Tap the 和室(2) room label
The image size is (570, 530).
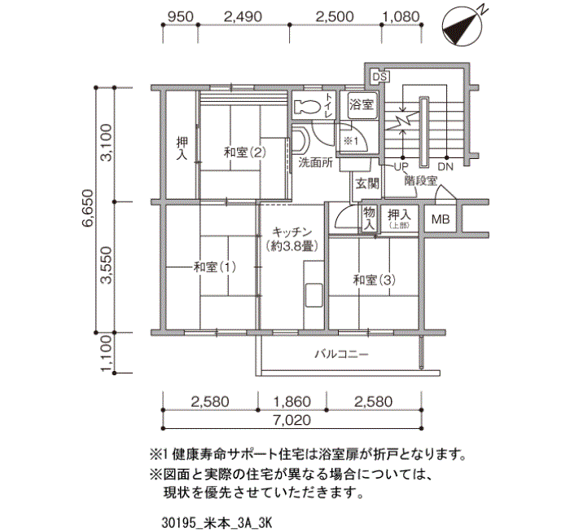click(245, 152)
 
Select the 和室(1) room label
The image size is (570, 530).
click(215, 267)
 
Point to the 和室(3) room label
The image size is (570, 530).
click(374, 280)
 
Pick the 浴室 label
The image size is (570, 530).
click(362, 105)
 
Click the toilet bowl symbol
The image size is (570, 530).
click(307, 107)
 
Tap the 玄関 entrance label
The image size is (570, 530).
click(366, 183)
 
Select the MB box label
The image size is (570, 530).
click(441, 219)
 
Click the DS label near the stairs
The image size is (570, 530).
click(379, 77)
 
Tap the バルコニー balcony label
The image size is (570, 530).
click(342, 355)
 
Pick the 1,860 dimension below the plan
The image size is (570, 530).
click(292, 401)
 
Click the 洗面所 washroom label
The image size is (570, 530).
click(315, 162)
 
